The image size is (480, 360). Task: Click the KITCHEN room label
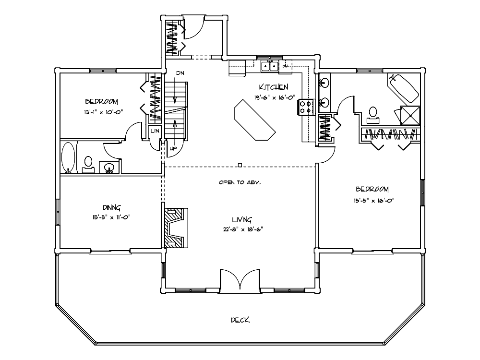point(274,87)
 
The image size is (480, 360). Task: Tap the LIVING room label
point(242,219)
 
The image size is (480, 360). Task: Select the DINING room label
point(111,208)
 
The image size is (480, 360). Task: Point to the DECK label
point(240,320)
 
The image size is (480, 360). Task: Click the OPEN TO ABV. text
point(240,182)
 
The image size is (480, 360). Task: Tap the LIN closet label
point(155,131)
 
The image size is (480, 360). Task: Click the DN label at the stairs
point(180,73)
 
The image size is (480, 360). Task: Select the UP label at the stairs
point(173,149)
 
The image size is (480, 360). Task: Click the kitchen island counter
point(255,120)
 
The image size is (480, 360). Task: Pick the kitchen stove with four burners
point(306,108)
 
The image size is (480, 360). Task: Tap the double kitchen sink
point(270,66)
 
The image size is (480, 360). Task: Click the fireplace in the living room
point(175,228)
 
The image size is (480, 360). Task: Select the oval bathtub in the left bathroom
point(68,157)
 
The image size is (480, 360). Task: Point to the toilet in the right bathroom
point(373,113)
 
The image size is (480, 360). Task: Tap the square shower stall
point(410,115)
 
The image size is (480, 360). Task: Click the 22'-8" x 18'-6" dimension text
point(243,229)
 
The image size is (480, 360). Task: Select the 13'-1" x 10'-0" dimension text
point(104,112)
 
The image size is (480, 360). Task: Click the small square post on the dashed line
point(240,165)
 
